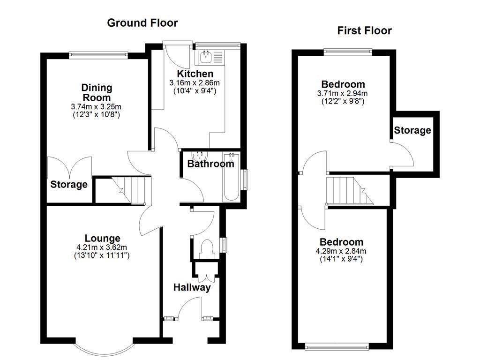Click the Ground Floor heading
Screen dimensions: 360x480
(142, 22)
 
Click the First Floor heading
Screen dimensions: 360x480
(364, 31)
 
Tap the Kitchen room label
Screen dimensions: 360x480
(195, 74)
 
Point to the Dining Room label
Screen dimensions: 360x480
(97, 93)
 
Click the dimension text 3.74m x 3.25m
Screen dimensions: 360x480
(97, 106)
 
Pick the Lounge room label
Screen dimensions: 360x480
(102, 239)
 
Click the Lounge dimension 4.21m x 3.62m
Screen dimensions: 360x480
(102, 247)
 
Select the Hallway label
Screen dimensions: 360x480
(192, 287)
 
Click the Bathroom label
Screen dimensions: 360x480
(210, 164)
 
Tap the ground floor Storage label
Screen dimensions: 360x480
(69, 185)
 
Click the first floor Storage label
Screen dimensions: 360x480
(412, 130)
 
